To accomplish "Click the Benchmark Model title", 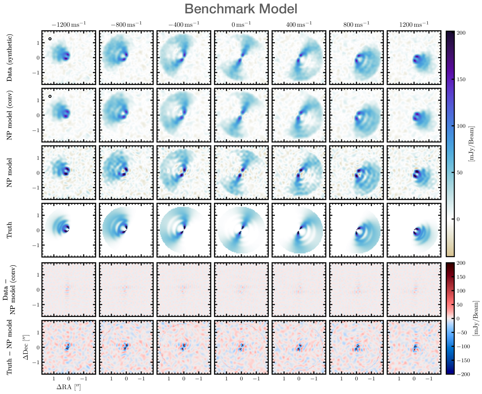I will coord(241,9).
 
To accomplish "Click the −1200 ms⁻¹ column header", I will coord(69,24).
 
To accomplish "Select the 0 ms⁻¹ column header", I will coord(241,24).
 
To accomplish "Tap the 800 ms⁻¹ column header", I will coord(356,24).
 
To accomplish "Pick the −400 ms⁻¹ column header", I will coord(184,24).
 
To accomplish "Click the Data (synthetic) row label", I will coord(10,58).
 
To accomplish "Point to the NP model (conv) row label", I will coord(10,115).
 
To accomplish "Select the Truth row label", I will coord(10,230).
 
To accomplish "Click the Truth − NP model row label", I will coord(10,347).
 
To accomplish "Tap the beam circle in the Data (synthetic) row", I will coord(50,39).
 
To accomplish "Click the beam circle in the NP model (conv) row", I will coord(50,96).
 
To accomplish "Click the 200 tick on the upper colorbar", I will coord(461,33).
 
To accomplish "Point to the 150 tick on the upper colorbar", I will coord(461,79).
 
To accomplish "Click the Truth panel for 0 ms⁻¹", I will coord(241,230).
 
